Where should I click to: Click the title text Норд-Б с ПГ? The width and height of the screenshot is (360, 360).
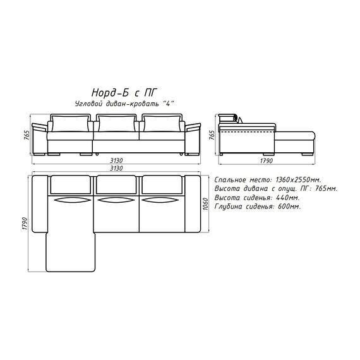pyautogui.click(x=124, y=93)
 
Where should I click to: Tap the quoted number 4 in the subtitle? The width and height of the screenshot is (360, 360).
pyautogui.click(x=168, y=104)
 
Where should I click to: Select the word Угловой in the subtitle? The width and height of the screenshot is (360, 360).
pyautogui.click(x=88, y=104)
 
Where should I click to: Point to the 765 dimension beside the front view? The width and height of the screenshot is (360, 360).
pyautogui.click(x=27, y=135)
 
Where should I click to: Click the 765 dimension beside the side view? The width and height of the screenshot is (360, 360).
pyautogui.click(x=212, y=135)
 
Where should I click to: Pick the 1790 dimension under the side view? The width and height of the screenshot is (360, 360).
pyautogui.click(x=267, y=160)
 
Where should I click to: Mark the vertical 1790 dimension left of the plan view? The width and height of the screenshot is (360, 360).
pyautogui.click(x=25, y=224)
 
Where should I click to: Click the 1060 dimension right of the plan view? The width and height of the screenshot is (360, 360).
pyautogui.click(x=205, y=204)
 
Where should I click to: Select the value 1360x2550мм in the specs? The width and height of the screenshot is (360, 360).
pyautogui.click(x=298, y=179)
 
